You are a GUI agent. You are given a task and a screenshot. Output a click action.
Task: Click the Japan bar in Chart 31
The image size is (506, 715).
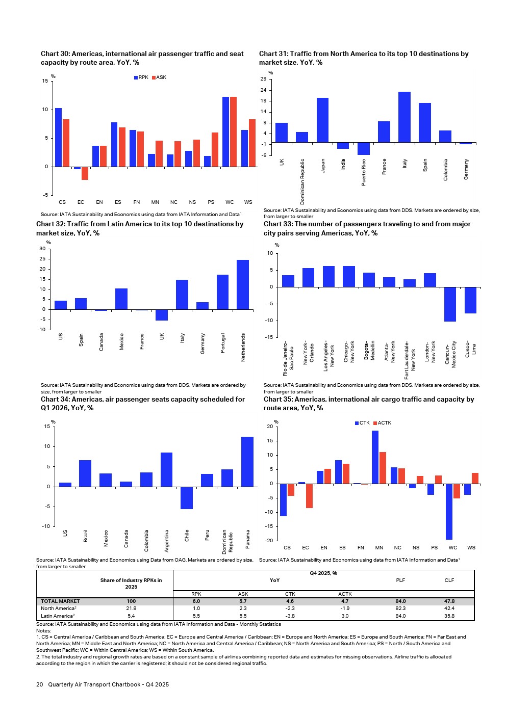pos(322,120)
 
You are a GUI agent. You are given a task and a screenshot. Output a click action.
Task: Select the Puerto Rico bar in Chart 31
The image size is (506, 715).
pos(363,149)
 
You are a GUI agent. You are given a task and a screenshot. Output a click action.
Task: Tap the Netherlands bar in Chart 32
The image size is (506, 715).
pos(243,285)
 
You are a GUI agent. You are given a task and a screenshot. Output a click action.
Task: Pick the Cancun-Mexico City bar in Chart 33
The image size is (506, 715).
pos(450,304)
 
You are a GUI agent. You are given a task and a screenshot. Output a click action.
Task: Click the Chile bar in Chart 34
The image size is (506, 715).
pos(187,498)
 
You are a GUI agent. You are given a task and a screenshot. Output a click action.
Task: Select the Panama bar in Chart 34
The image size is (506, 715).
pos(247,462)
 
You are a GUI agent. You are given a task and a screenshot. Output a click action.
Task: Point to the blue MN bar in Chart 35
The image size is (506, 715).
pos(375,457)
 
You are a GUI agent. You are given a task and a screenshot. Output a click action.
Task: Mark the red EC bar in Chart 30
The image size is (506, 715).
pos(85,173)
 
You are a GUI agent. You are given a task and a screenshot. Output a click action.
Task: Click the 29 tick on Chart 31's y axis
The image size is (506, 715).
pos(263,79)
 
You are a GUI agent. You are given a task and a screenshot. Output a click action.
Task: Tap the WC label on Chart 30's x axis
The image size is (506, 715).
pos(230,202)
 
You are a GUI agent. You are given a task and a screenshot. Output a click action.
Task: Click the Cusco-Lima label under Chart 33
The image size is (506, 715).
pos(471,349)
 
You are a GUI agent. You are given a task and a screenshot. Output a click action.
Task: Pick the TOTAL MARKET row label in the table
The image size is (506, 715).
pos(60,601)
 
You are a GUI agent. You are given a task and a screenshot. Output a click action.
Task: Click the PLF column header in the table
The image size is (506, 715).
pos(400,580)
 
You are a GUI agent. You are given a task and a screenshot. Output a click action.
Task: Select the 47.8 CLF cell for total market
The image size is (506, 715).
pos(449,601)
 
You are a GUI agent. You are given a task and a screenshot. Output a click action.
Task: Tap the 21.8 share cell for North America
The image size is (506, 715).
pos(131,608)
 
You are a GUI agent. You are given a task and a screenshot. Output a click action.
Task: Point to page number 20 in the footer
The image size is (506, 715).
pos(39,684)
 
